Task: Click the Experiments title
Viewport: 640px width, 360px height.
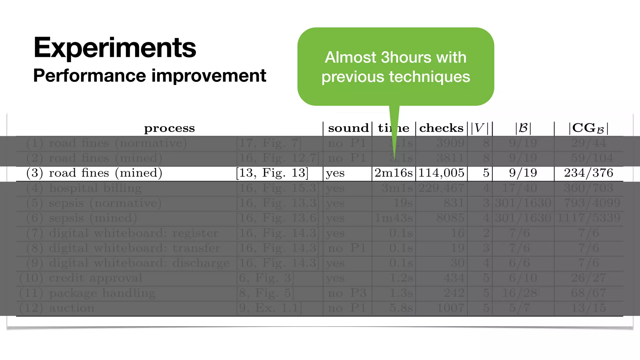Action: (115, 47)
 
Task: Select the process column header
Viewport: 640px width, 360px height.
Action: (169, 128)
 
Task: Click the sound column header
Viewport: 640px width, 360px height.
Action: (348, 128)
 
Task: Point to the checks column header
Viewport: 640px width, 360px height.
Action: (441, 128)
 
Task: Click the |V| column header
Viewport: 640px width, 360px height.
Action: (480, 128)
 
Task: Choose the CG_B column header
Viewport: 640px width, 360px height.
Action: (588, 128)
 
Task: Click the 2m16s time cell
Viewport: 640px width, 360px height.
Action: (393, 173)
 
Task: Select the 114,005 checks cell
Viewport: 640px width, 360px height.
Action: (441, 173)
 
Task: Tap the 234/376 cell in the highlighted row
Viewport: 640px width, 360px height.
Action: (588, 173)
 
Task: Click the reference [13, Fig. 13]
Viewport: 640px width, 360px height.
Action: (272, 173)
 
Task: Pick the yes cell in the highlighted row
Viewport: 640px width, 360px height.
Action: (335, 173)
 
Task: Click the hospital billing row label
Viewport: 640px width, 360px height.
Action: (95, 188)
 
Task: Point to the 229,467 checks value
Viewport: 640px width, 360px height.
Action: (441, 188)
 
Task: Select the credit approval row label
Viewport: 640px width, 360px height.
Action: (95, 278)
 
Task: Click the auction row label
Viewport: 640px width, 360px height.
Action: (72, 308)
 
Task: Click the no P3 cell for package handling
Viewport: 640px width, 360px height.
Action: (347, 293)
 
